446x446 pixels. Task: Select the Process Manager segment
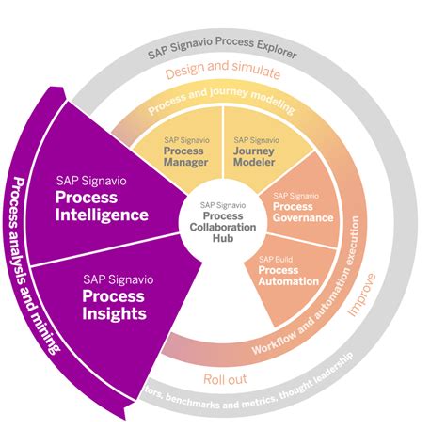[x=183, y=153]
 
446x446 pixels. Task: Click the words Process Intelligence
[x=102, y=204]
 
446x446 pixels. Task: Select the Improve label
[x=372, y=293]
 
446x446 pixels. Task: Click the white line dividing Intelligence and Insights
[x=104, y=252]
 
